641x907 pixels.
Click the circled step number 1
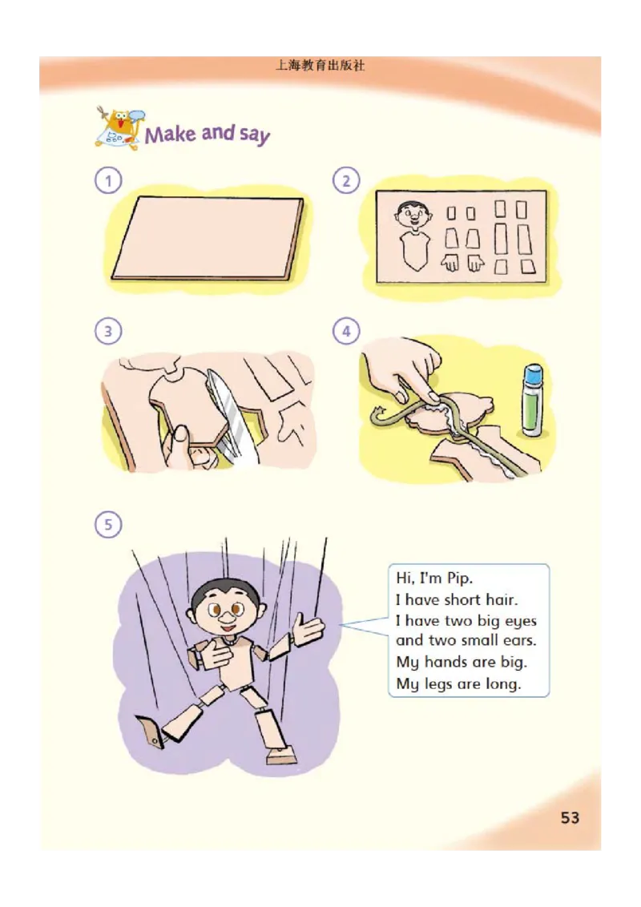(x=107, y=180)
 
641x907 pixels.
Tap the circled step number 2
(x=346, y=180)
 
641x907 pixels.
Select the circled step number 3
(x=107, y=332)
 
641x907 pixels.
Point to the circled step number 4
(x=346, y=332)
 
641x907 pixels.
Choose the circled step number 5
(x=107, y=525)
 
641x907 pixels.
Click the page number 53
(x=570, y=817)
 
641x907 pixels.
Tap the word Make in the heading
(x=170, y=134)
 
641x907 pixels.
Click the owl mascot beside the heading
(x=119, y=128)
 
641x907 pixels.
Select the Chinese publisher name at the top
(x=320, y=66)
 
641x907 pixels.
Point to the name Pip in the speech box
(x=460, y=578)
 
